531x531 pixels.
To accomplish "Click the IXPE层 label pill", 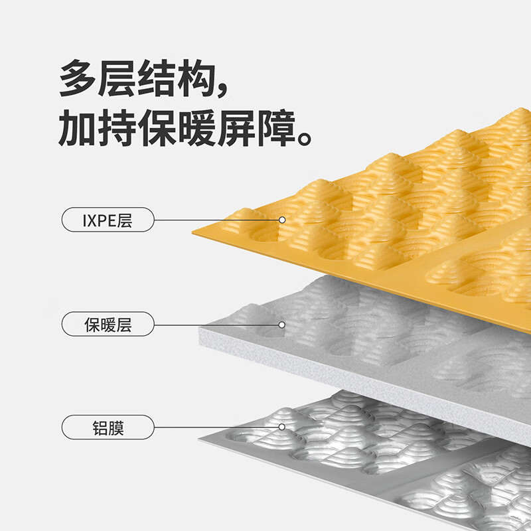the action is (x=108, y=220).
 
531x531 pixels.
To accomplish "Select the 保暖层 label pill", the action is (x=108, y=324).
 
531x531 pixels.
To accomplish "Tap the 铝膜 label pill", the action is (x=108, y=427).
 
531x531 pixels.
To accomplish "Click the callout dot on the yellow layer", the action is (x=281, y=220).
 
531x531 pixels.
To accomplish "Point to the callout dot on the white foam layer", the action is (x=281, y=325).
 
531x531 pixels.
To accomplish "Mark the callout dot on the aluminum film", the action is (x=281, y=427).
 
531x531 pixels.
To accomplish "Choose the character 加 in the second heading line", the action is (x=78, y=127).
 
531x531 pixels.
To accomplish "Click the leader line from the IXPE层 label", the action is (x=216, y=220).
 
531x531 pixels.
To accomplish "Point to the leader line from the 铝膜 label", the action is (x=216, y=427).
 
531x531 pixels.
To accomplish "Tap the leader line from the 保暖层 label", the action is (x=216, y=325).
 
